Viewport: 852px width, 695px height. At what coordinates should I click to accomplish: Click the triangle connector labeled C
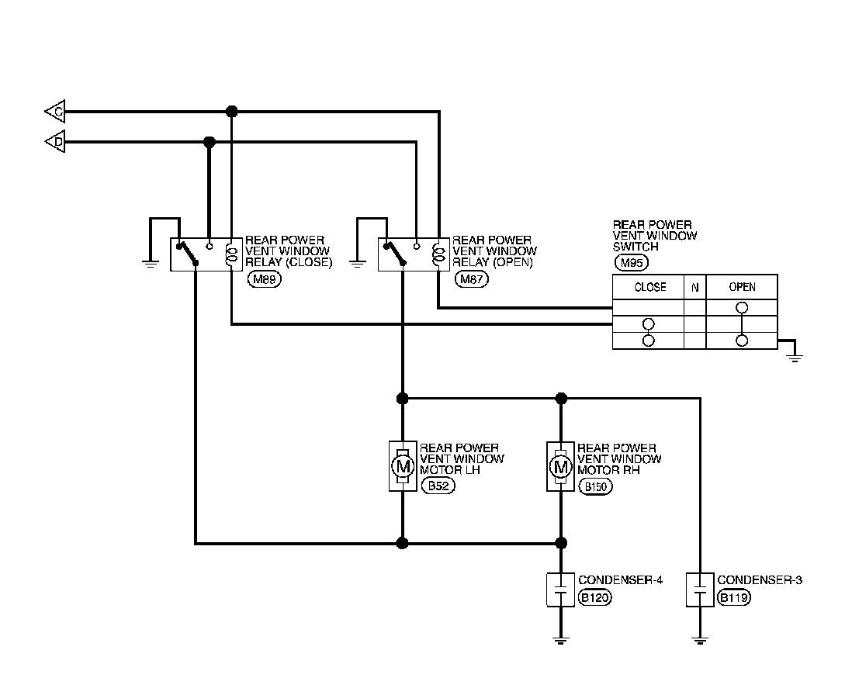coord(55,112)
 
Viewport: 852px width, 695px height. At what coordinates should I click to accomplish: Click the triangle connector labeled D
coord(55,142)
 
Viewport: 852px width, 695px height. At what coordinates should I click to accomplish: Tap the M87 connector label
coord(472,278)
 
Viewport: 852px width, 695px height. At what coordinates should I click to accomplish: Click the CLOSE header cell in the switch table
coord(649,287)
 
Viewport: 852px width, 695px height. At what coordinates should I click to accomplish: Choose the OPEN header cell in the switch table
coord(741,287)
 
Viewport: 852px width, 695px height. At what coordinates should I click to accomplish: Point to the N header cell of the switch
coord(694,287)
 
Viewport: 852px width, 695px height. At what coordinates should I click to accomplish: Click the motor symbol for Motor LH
coord(402,467)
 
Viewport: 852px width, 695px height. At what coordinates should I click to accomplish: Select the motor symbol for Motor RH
coord(561,467)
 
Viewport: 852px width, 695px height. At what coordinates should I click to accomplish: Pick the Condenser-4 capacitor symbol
coord(561,590)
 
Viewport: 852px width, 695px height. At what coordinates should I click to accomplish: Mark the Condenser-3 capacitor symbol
coord(700,590)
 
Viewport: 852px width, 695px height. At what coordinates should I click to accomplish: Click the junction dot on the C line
coord(231,112)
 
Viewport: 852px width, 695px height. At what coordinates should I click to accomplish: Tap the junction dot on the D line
coord(209,142)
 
